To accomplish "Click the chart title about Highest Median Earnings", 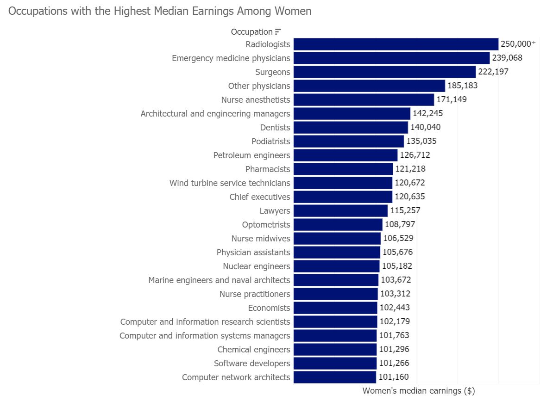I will click(160, 11).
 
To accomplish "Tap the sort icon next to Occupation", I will click(278, 32).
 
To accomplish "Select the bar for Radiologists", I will click(396, 44).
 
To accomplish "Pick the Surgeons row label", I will click(272, 72).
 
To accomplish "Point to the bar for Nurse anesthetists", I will click(364, 99).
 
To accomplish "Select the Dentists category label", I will click(275, 127).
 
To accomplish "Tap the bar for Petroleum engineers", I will click(345, 155).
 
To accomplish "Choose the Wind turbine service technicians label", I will click(230, 183).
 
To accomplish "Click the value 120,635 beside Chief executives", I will click(409, 197).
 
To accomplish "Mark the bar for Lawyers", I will click(340, 210).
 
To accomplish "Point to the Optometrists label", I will click(266, 224).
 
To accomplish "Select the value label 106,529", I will click(398, 238).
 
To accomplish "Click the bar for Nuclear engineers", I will click(336, 266).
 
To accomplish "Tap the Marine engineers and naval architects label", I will click(219, 280).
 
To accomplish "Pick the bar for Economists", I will click(335, 308).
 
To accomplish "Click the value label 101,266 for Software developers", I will click(394, 363).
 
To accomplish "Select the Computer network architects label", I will click(236, 377).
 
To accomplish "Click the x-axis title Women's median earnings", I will click(418, 391).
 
